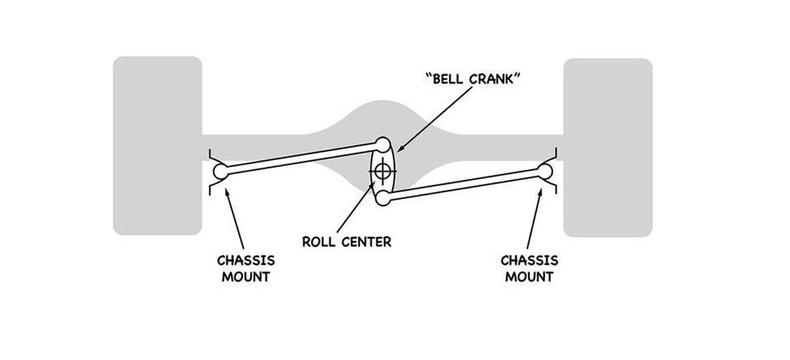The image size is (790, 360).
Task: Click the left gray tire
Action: (157, 146)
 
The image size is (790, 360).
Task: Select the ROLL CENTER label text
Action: (347, 242)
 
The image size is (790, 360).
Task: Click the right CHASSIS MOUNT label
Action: (529, 268)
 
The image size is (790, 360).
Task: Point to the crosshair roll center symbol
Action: (381, 171)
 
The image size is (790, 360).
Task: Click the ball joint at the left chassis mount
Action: (221, 172)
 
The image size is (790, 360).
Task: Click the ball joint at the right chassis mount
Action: (544, 170)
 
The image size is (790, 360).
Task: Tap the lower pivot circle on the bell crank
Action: (381, 198)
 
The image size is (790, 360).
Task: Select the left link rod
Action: (301, 158)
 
